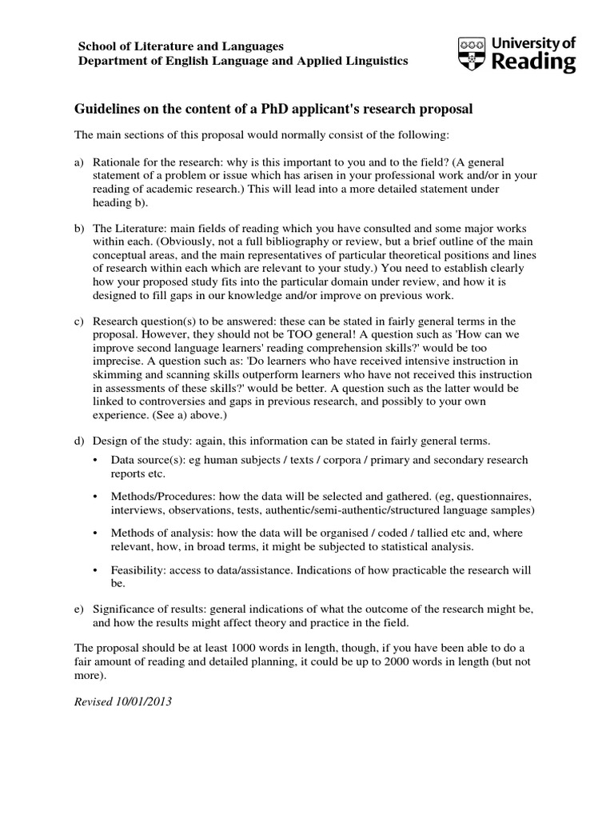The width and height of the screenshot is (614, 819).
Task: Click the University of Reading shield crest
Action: [470, 54]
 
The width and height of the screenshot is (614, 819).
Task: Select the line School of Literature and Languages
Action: [181, 47]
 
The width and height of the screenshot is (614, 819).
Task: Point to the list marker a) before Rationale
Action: [80, 162]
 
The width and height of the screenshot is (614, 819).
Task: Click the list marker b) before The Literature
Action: [80, 229]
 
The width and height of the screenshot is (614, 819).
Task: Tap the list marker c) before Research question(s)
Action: [80, 322]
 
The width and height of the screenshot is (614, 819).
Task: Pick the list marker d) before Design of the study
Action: [80, 441]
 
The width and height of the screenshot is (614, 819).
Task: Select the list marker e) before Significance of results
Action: [80, 609]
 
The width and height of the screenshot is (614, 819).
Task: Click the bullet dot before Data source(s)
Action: [97, 461]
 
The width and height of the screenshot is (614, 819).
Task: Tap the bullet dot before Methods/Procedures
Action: [97, 496]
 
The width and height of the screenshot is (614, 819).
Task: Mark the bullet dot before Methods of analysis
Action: [97, 533]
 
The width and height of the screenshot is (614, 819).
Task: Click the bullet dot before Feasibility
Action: [97, 570]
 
